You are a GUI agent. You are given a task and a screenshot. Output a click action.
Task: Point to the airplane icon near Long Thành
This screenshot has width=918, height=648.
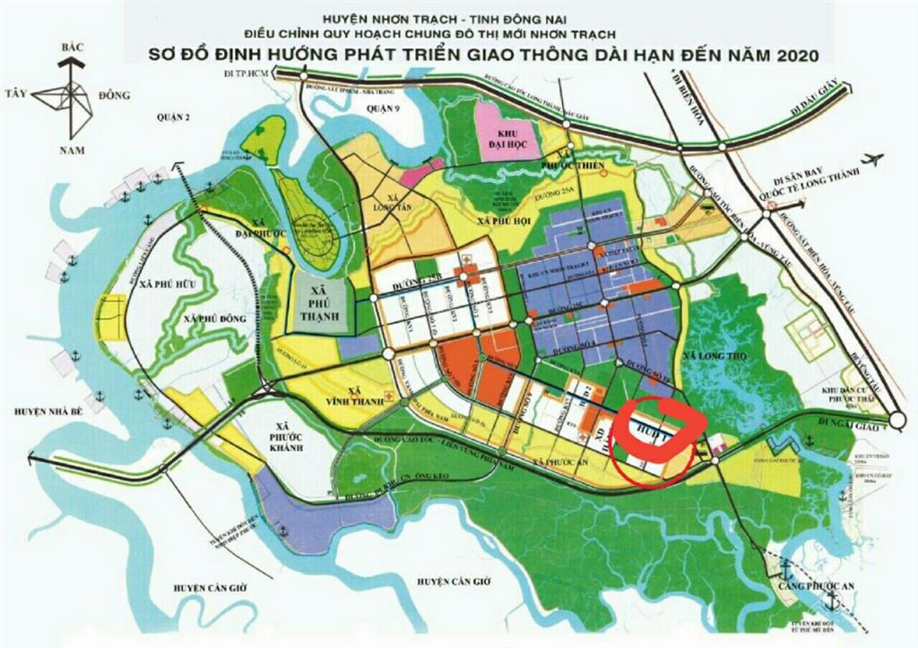coord(876,160)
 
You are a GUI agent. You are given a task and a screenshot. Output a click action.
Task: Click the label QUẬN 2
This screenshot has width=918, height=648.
coord(168,117)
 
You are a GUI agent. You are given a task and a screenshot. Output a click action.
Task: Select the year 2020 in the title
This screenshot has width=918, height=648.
coord(789,55)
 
